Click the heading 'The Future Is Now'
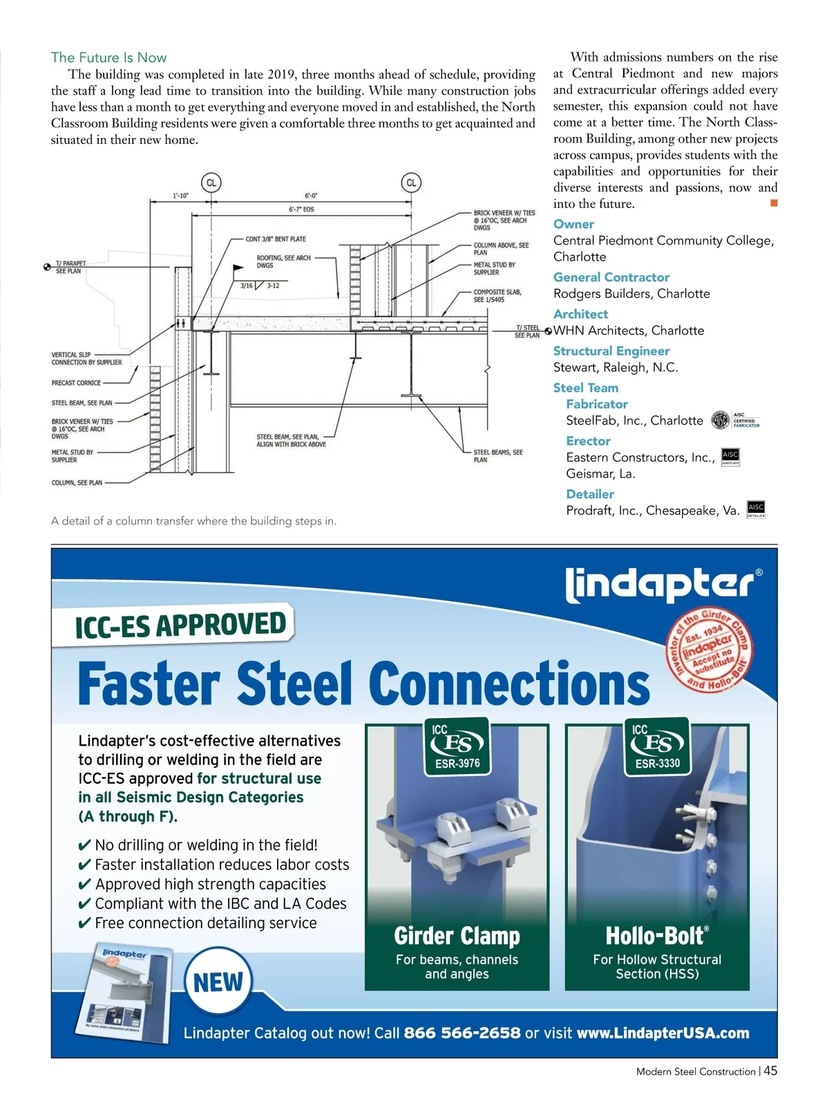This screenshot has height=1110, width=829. click(108, 57)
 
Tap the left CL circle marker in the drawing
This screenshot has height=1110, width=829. click(211, 182)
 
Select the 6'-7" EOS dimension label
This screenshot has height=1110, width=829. click(301, 209)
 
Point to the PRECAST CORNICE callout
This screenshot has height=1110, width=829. click(76, 382)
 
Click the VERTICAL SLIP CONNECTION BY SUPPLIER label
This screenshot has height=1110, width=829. click(86, 358)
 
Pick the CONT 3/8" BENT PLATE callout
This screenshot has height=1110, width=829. click(276, 239)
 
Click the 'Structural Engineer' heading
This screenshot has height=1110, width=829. click(611, 350)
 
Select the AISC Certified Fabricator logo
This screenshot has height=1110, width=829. click(735, 420)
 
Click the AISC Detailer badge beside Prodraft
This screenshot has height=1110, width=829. click(756, 510)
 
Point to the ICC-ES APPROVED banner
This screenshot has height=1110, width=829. click(180, 625)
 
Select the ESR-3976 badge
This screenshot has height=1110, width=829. click(457, 746)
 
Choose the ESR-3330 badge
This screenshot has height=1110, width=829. click(658, 746)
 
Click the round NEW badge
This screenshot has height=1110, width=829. click(218, 981)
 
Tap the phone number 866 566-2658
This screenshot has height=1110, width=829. click(461, 1033)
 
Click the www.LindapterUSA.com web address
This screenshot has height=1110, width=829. click(663, 1033)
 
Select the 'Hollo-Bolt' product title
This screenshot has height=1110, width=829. click(657, 936)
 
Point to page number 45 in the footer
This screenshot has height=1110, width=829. click(770, 1071)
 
